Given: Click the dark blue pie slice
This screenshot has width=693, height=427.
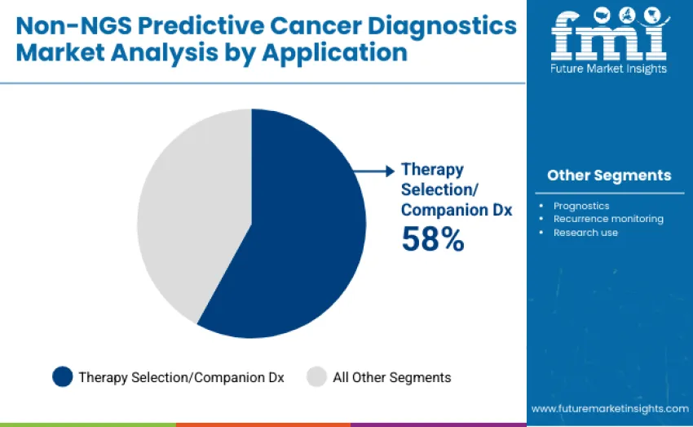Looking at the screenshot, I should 302,237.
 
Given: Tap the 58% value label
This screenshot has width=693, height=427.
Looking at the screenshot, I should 432,239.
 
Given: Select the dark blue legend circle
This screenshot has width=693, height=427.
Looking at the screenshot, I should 63,376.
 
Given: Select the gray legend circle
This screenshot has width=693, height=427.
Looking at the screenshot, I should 316,376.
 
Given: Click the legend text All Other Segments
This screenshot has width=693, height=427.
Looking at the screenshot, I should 391,377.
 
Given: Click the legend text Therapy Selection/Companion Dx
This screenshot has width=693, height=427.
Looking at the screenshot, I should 181,377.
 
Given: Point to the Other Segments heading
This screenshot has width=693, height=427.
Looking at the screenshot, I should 609,176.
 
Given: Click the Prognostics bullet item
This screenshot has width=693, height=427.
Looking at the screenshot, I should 581,206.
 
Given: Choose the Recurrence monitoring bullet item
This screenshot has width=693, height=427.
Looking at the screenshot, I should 608,219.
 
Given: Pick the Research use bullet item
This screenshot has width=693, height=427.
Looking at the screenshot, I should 585,233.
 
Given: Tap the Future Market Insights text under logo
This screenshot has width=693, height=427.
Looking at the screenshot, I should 609,69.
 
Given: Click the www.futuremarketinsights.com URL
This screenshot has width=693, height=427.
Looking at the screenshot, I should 610,408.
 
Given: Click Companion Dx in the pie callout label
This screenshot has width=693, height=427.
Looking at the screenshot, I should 457,210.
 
